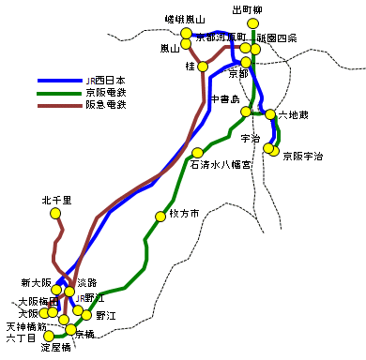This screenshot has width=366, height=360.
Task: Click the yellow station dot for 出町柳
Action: [x=252, y=23]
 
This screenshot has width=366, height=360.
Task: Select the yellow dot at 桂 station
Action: [x=202, y=67]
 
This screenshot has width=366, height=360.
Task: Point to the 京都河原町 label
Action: [x=220, y=37]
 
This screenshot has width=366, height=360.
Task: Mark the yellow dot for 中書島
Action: [x=246, y=112]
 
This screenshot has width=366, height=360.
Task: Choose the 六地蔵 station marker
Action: [x=271, y=114]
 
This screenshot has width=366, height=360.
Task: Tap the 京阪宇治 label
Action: [x=302, y=157]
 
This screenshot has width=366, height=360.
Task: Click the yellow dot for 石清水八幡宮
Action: [x=197, y=153]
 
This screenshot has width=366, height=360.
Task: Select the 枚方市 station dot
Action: [x=160, y=217]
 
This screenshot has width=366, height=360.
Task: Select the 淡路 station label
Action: [x=86, y=282]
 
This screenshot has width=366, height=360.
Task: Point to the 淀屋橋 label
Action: [x=56, y=347]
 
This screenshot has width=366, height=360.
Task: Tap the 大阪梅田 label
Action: [x=36, y=302]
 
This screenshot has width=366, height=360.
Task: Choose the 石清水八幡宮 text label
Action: [x=221, y=164]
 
